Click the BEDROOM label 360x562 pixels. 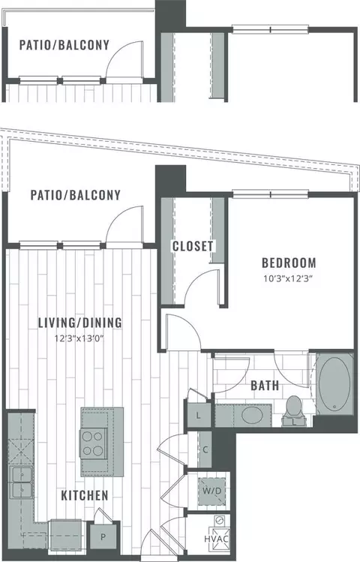tap(289, 263)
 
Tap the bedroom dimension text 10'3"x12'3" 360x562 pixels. tap(288, 279)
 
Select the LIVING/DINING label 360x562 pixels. tap(80, 323)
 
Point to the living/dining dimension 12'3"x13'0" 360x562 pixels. tap(79, 338)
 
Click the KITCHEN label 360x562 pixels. tap(85, 495)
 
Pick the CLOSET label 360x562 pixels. tap(193, 246)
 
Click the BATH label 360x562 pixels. tap(265, 386)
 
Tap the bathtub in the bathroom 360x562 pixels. tap(335, 383)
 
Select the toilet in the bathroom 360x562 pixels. tap(294, 411)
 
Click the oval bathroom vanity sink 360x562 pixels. tap(252, 416)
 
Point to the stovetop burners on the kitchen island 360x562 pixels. tap(93, 443)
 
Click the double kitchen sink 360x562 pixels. tap(21, 482)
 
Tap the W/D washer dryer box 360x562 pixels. tap(212, 491)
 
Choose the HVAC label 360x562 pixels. tap(216, 539)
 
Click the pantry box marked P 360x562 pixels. tap(103, 537)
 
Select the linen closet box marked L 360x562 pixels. tap(198, 416)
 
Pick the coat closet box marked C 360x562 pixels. tap(205, 449)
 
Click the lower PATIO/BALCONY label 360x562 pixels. tap(75, 195)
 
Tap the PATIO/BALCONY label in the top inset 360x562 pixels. tap(64, 45)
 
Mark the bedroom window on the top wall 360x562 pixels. tap(271, 194)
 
